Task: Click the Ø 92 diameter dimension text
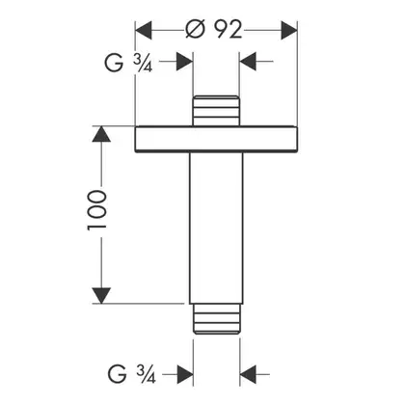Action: pos(214,30)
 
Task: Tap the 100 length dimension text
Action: pos(96,210)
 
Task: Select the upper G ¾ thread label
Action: pos(128,62)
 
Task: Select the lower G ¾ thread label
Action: pos(132,374)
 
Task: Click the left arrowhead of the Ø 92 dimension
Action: pos(144,30)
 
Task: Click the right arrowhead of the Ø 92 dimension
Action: pos(289,30)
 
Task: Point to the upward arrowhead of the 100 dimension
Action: pos(101,134)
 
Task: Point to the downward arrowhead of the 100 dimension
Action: pos(101,295)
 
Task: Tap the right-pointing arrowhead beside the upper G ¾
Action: pos(184,61)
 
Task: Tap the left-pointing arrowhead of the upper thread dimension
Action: pos(248,61)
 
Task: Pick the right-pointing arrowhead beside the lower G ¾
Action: pos(185,374)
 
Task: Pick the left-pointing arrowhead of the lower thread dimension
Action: pos(248,374)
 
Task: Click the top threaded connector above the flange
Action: pos(216,111)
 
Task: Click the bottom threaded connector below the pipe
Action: pos(216,318)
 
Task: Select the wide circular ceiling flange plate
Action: pos(216,139)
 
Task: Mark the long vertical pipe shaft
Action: pos(216,228)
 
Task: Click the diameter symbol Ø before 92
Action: pos(195,30)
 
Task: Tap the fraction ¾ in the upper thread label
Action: pos(143,63)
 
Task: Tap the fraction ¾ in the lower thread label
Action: pos(146,375)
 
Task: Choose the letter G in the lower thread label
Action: pos(117,374)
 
